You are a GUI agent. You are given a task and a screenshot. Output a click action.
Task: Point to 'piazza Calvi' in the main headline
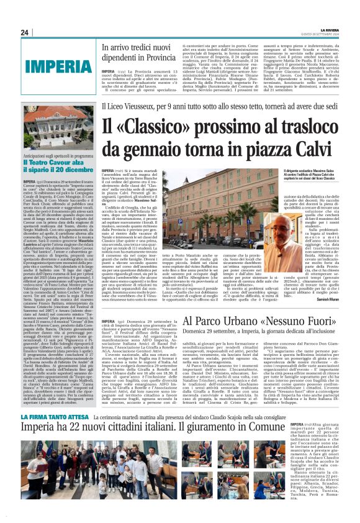[x=294, y=148]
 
